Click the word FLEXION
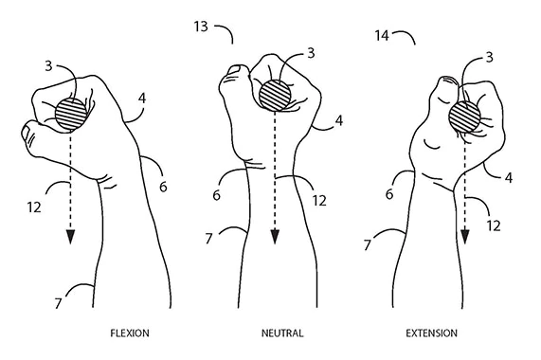point(130,333)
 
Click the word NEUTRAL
point(282,333)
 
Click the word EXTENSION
point(432,333)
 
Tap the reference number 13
point(201,27)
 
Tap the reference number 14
point(382,35)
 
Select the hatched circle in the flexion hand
point(71,114)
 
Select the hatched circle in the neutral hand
point(275,95)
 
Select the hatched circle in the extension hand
point(464,117)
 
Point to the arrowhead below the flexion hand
point(71,237)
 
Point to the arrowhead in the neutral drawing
point(275,237)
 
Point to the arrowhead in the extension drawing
point(465,237)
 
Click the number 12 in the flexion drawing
point(34,207)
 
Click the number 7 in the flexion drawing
point(58,303)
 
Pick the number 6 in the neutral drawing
point(216,195)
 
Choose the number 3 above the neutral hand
point(311,53)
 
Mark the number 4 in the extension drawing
point(509,178)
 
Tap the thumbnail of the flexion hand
point(26,133)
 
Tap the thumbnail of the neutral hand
point(236,69)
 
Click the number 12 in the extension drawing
point(494,225)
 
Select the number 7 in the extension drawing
point(368,245)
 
